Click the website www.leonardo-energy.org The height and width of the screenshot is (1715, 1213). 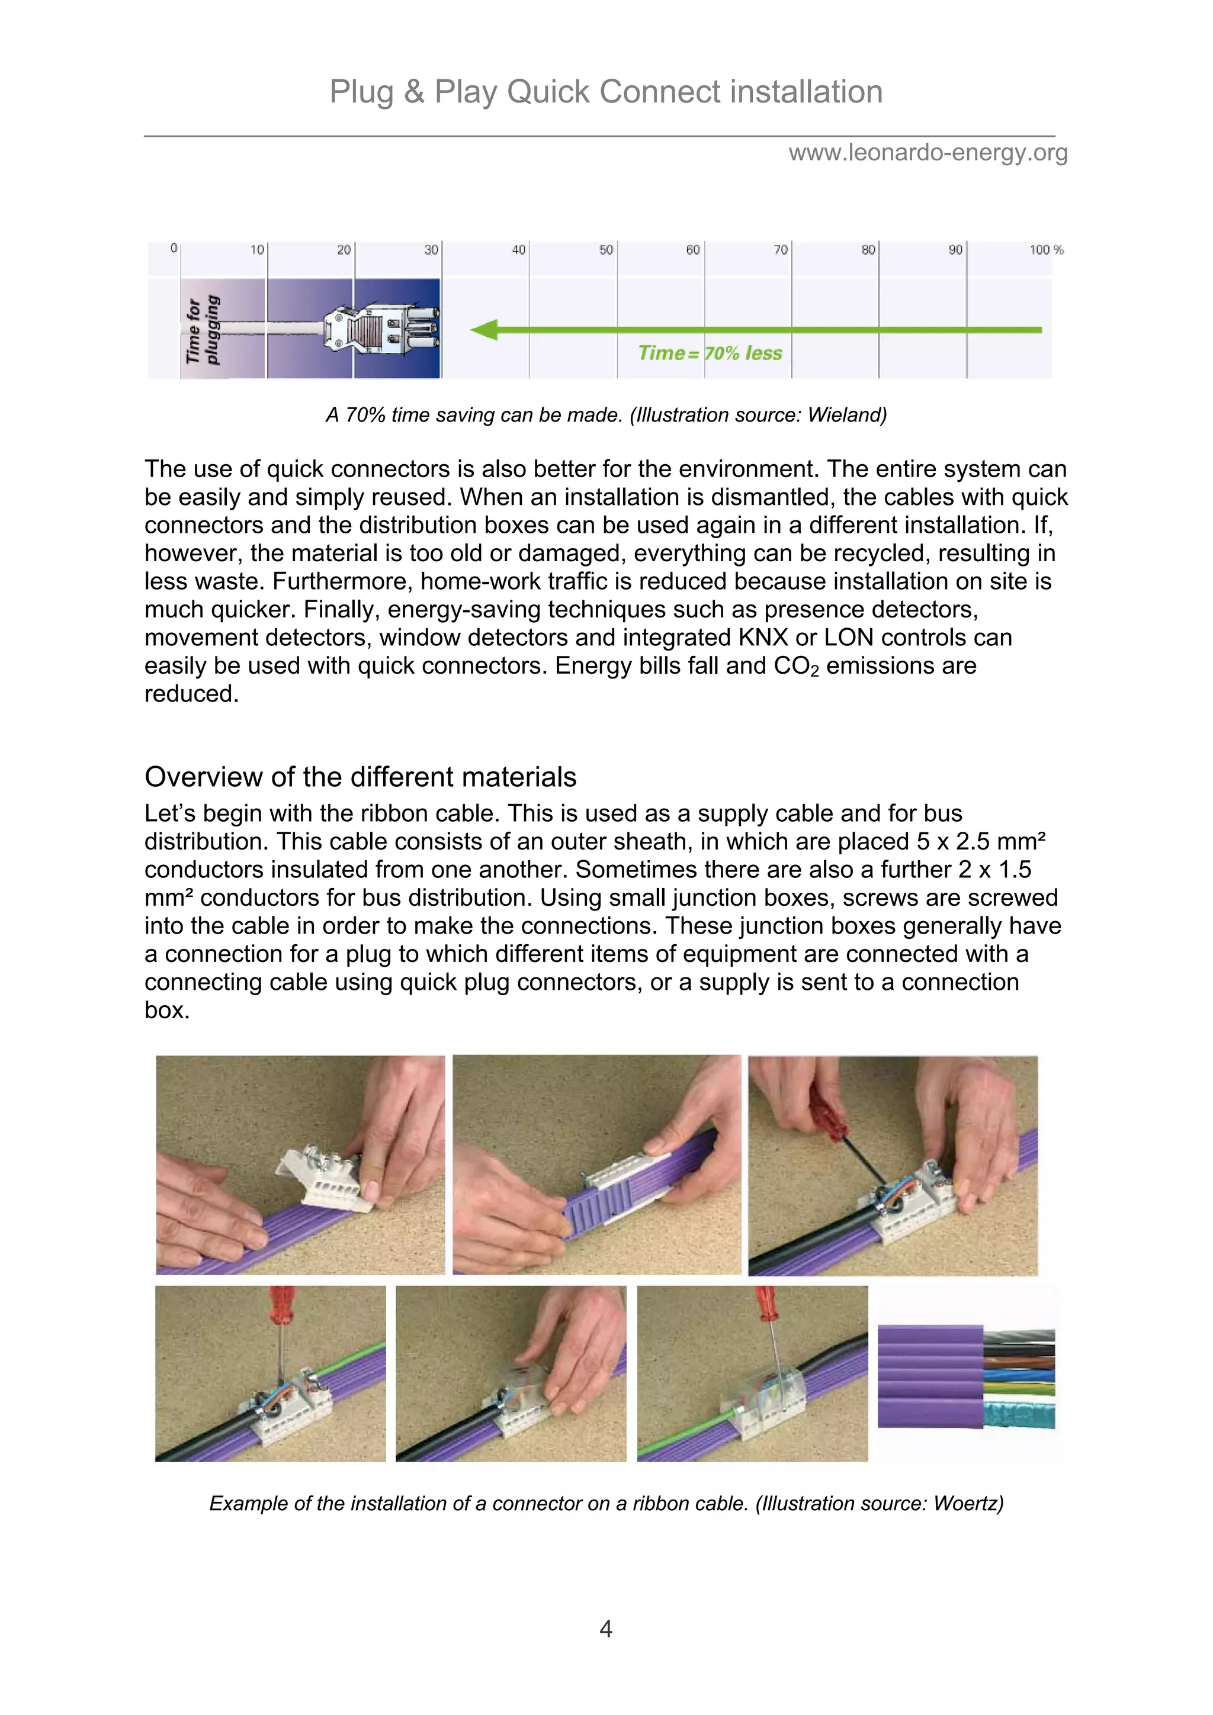(928, 153)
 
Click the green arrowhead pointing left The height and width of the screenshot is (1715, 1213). (486, 329)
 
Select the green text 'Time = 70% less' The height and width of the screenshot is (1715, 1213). (710, 353)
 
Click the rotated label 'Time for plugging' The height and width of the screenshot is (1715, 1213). (203, 329)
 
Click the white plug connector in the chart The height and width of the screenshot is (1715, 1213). (380, 329)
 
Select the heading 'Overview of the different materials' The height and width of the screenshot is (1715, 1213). (360, 777)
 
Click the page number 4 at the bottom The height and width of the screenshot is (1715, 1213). (606, 1629)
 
